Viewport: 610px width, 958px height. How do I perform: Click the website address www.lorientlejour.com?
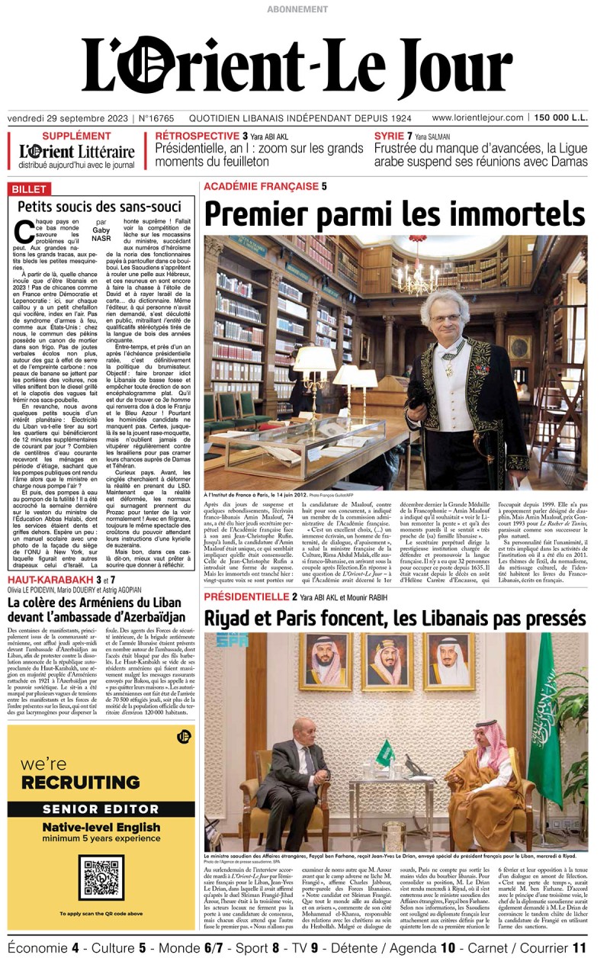click(477, 118)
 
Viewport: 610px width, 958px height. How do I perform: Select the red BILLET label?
click(28, 189)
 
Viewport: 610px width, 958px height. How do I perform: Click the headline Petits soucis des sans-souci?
click(100, 207)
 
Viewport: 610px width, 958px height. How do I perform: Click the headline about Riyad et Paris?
click(394, 616)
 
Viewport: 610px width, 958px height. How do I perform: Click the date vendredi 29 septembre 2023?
click(69, 118)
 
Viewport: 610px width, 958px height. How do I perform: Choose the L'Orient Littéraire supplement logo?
click(76, 152)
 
